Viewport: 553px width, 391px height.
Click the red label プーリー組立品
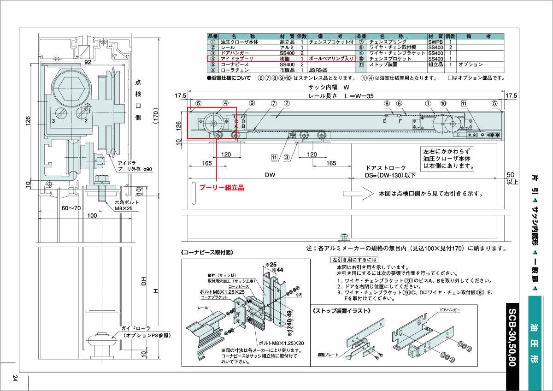[x=221, y=188]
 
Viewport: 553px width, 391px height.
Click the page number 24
[x=15, y=378]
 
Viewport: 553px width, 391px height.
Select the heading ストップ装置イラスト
[x=341, y=311]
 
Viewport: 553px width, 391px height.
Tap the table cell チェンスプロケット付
[x=331, y=41]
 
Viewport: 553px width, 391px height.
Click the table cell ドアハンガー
[x=235, y=53]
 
